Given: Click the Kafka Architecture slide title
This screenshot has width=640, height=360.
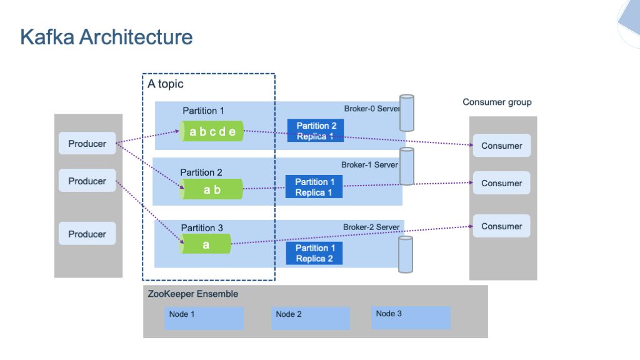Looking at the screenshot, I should [106, 37].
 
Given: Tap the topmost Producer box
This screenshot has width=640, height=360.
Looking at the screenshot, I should [87, 144].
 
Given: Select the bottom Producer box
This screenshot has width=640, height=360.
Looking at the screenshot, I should [87, 234].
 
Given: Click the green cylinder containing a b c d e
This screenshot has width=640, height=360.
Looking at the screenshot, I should [212, 131].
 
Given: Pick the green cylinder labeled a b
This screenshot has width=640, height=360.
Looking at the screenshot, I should [212, 189].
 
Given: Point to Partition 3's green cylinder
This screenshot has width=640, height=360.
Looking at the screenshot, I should [206, 244].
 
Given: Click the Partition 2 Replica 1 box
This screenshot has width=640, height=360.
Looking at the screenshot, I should [316, 131].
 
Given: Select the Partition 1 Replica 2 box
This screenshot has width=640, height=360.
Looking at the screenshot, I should [314, 253].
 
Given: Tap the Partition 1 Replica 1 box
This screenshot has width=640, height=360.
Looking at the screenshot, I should [314, 187].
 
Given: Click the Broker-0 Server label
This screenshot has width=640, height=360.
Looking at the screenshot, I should [372, 109].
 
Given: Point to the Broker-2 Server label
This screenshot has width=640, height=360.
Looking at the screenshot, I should [371, 227].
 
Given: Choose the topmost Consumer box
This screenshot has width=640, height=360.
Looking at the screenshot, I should [501, 146].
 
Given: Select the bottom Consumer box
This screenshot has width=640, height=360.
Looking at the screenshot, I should [501, 226].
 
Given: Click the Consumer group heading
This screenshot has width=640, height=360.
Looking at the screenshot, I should [497, 102].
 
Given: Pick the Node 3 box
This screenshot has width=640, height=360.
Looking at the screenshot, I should [411, 317].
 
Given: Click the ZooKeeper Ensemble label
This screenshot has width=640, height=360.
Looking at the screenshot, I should [193, 294].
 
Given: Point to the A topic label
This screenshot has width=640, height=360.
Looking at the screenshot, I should [166, 84].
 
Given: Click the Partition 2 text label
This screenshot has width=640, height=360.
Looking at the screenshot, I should [201, 172].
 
